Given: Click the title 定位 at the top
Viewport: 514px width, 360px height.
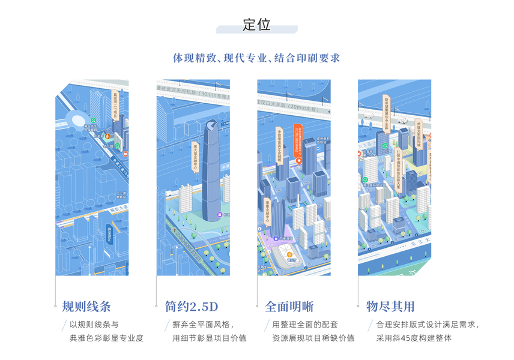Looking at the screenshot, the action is [x=257, y=25].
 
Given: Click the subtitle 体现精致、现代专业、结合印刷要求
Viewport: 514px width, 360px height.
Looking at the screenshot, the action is [x=256, y=58].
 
